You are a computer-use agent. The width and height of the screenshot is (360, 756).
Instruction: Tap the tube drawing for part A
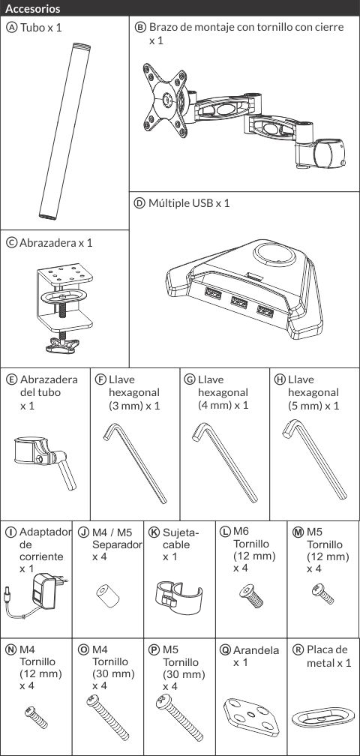click(x=64, y=131)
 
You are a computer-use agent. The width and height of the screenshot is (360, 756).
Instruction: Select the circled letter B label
click(x=139, y=28)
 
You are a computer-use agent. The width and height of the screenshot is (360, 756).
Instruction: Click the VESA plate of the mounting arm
click(x=166, y=100)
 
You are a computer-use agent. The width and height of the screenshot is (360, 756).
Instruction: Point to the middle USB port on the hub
click(x=238, y=302)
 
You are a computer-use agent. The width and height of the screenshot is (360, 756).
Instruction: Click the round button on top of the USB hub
click(x=274, y=253)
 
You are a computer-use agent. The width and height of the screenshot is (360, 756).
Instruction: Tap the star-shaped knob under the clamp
click(x=64, y=345)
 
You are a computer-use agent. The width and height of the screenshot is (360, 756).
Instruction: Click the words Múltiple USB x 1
click(x=189, y=203)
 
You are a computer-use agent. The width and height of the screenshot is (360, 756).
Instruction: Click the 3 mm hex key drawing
click(x=136, y=463)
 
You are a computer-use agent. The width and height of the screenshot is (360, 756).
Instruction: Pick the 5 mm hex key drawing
click(x=314, y=459)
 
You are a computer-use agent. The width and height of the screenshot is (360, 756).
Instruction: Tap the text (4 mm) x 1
click(x=223, y=405)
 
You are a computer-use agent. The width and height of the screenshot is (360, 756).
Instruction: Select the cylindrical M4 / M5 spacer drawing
click(x=108, y=596)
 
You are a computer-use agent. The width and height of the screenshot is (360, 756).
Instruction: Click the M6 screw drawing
click(x=251, y=595)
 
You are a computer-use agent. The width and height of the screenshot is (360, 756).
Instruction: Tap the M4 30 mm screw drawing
click(x=108, y=718)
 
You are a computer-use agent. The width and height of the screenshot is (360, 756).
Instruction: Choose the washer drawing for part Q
click(x=251, y=717)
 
